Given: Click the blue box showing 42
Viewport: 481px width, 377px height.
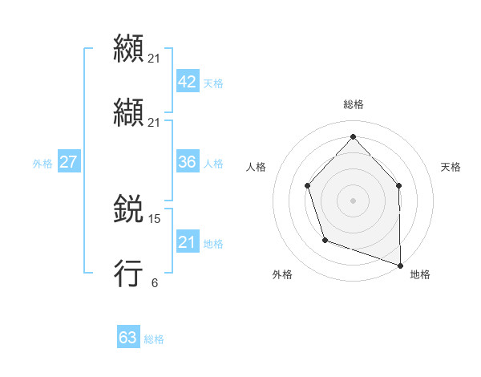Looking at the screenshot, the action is coord(187,82).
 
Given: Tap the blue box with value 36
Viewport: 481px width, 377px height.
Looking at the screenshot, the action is coord(187,162).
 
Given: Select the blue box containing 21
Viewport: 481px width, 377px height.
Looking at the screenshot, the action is coord(187,242).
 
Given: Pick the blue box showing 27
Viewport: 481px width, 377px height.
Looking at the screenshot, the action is coord(68,162).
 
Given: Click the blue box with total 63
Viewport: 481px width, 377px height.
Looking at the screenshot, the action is coord(128,338).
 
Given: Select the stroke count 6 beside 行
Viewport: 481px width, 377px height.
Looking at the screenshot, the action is coord(154,282).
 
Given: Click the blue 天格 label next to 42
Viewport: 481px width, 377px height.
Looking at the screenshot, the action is coord(213,83).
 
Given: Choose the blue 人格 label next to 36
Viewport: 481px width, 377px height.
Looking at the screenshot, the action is coord(213,164).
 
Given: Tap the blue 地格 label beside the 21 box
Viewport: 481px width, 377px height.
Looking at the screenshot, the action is coord(213,244).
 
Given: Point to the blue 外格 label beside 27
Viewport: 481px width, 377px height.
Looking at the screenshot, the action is coord(42,164).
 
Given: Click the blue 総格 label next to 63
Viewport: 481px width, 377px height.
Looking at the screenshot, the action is coord(154,339).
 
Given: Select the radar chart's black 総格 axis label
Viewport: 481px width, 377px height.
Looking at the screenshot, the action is coord(353,104).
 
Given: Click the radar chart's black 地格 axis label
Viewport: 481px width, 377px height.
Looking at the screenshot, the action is coord(420,274).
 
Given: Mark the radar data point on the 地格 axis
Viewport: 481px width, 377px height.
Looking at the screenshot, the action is coord(400,264).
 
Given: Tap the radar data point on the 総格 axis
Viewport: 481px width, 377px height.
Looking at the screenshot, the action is coord(353,136).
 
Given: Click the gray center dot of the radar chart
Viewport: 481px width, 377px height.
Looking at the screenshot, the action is coord(353,200).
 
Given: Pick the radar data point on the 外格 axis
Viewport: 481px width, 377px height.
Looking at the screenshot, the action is coord(325,239).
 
